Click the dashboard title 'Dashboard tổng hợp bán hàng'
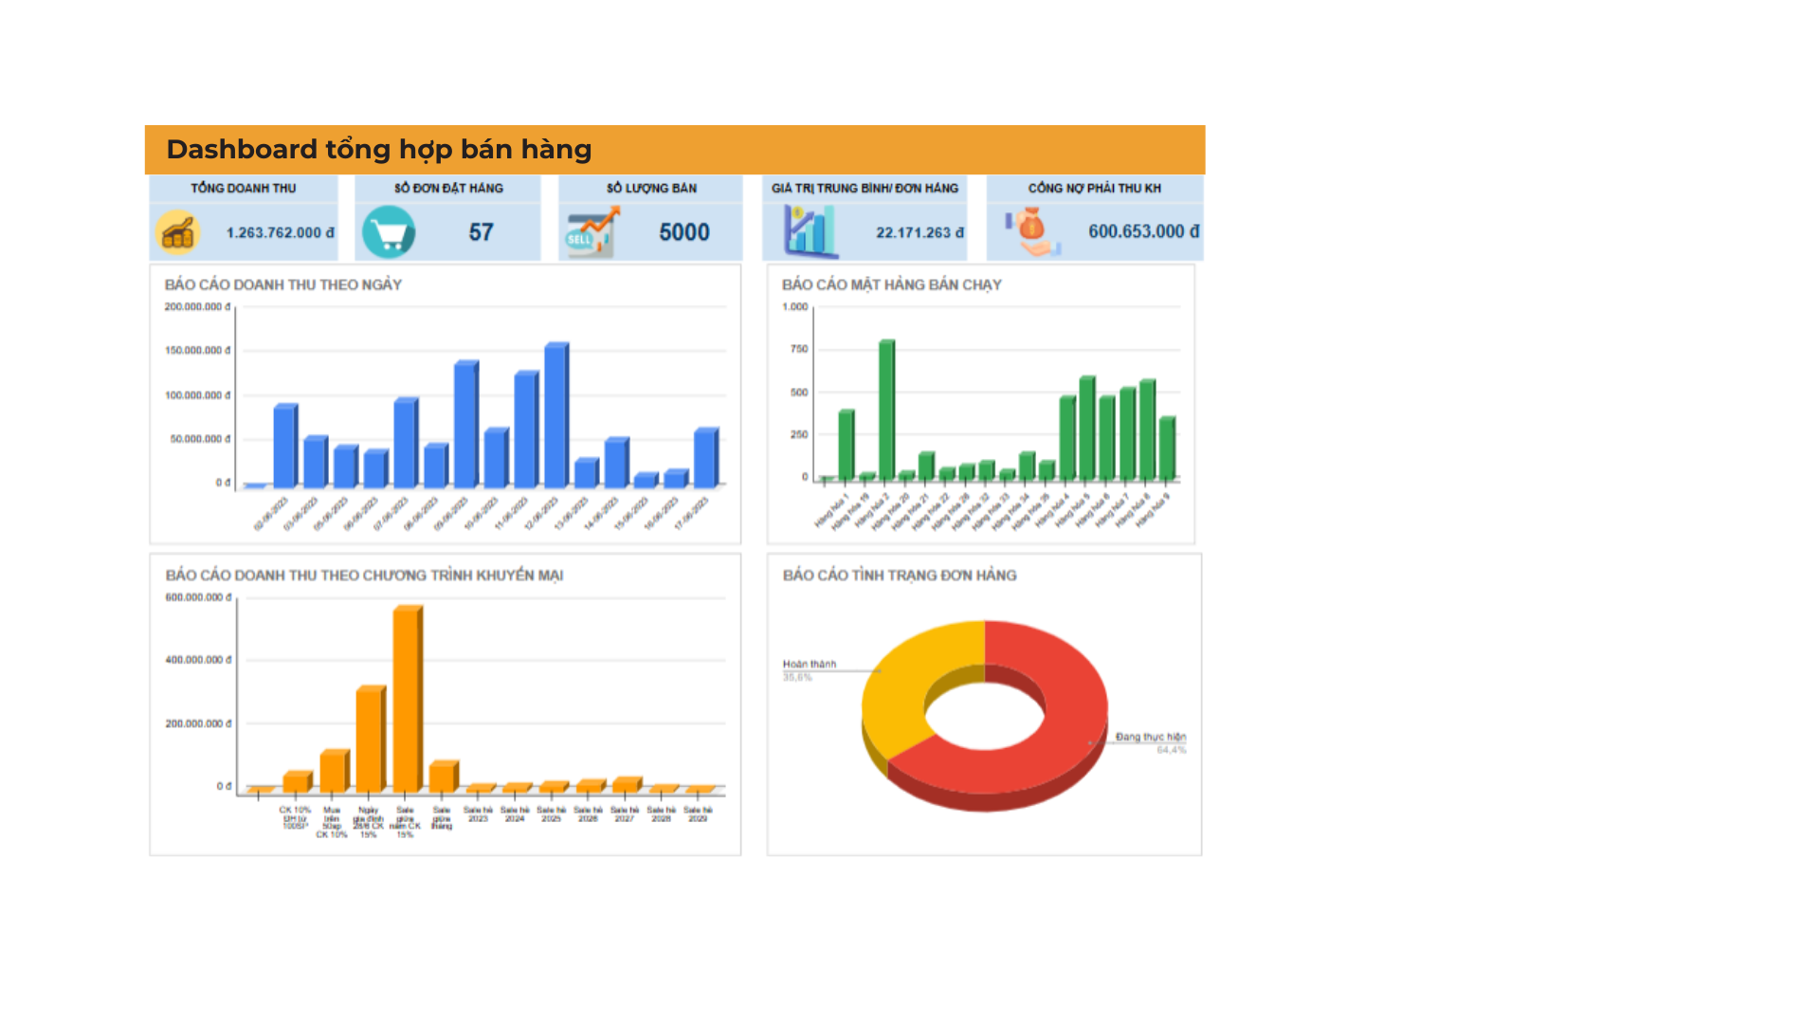[x=378, y=150]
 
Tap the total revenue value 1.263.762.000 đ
[x=280, y=232]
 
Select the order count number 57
[x=481, y=232]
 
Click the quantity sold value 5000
[x=683, y=232]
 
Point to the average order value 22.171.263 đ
[x=919, y=232]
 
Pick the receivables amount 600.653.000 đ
[x=1142, y=231]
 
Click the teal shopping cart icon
[x=389, y=232]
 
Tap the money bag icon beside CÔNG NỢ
[x=1031, y=230]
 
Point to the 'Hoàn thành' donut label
[x=809, y=664]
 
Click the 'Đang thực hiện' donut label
[x=1150, y=737]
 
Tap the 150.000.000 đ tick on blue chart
[x=197, y=351]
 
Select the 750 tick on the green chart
[x=799, y=349]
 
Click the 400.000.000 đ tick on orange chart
[x=198, y=660]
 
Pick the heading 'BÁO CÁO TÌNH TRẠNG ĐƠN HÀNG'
[x=899, y=576]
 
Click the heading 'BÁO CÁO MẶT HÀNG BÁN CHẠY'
[x=891, y=284]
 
